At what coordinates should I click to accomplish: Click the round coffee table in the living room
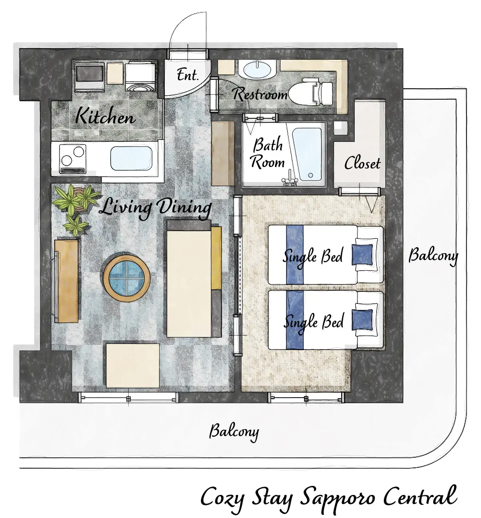126,277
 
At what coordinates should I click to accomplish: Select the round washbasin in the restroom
257,69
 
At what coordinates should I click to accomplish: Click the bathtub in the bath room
307,154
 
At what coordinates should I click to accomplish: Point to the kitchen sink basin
131,158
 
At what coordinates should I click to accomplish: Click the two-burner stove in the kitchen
73,159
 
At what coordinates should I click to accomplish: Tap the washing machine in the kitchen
140,76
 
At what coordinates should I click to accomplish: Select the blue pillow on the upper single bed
362,255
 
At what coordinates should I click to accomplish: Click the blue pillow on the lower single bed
362,319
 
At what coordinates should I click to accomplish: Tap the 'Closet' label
362,163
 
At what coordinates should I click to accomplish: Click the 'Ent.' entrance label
187,75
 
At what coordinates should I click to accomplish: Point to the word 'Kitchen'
105,116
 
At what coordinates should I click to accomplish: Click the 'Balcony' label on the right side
433,256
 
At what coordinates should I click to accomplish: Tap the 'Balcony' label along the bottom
233,431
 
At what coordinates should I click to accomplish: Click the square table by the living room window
133,366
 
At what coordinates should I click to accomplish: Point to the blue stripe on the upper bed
295,254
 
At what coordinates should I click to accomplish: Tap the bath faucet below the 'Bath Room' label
290,177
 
